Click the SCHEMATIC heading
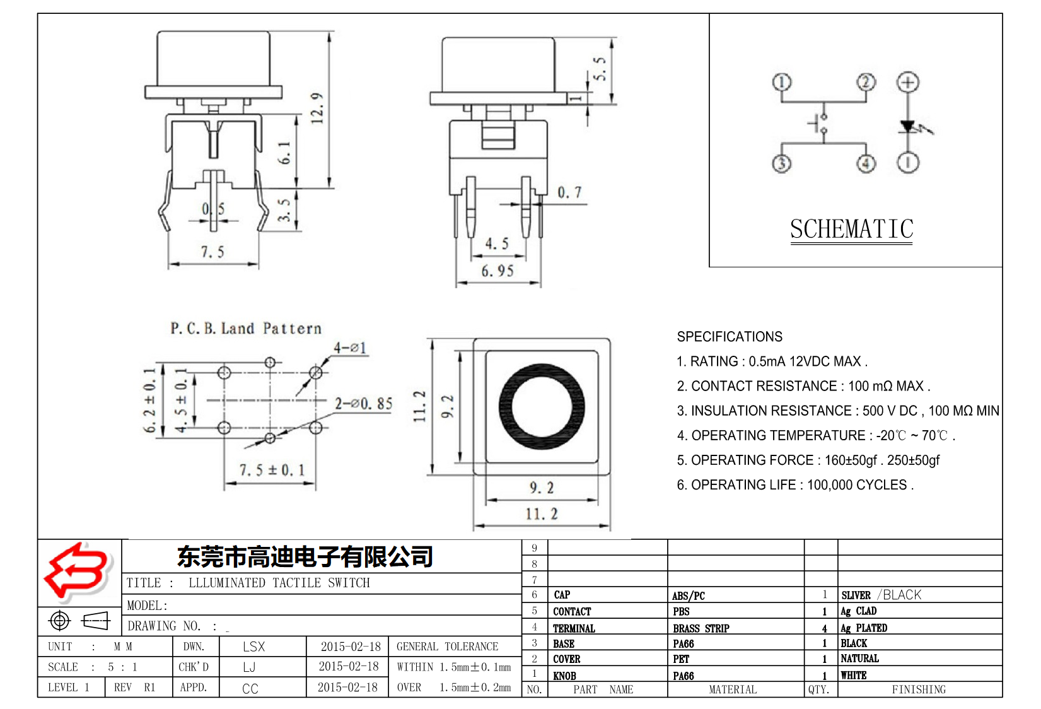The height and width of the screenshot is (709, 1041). [x=851, y=229]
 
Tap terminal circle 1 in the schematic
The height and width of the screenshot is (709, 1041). [x=782, y=83]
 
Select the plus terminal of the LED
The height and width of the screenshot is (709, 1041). [x=908, y=83]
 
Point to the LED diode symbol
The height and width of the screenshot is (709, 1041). [x=908, y=127]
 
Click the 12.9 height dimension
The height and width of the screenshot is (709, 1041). [x=317, y=108]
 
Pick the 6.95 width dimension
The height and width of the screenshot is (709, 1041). [x=497, y=271]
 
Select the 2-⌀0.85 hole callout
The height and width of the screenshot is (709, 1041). [x=363, y=404]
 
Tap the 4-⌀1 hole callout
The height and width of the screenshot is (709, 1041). [x=350, y=348]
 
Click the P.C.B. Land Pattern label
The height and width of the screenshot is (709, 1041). [x=246, y=329]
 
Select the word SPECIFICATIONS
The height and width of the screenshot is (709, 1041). [x=730, y=337]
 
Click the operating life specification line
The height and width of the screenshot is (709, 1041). [x=794, y=485]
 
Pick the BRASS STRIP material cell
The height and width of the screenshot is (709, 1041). [x=701, y=628]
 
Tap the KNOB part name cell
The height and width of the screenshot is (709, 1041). [x=564, y=676]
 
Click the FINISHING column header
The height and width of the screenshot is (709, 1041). [x=919, y=689]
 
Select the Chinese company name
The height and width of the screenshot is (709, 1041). [x=305, y=556]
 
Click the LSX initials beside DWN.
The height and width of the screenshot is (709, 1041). [x=253, y=647]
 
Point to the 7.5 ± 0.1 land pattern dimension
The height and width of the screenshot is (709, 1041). [x=271, y=471]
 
